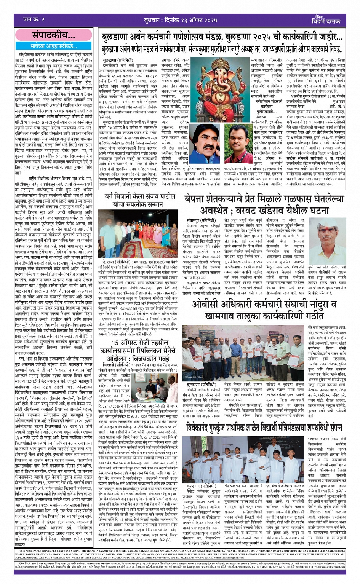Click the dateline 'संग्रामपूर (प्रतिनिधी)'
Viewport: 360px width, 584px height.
(x=201, y=220)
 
